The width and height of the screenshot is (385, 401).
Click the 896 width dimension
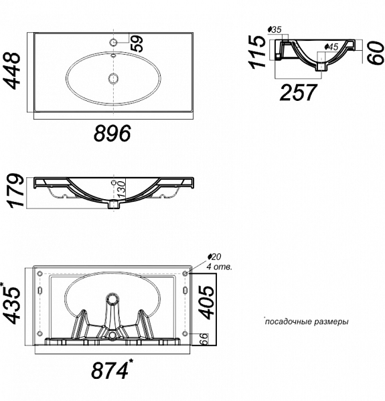[x=112, y=133]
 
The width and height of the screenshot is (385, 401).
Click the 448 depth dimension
[x=12, y=71]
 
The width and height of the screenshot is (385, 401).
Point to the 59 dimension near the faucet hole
[x=137, y=43]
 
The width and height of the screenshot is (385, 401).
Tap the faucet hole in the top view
[x=113, y=42]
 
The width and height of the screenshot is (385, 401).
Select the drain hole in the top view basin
[x=113, y=78]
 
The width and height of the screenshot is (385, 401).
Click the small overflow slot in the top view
[x=113, y=55]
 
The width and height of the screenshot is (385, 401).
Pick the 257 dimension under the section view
[x=298, y=92]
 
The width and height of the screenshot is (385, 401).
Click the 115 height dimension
[x=257, y=52]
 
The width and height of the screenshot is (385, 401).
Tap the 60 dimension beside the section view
[x=376, y=53]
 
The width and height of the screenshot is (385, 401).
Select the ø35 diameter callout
[x=275, y=29]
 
